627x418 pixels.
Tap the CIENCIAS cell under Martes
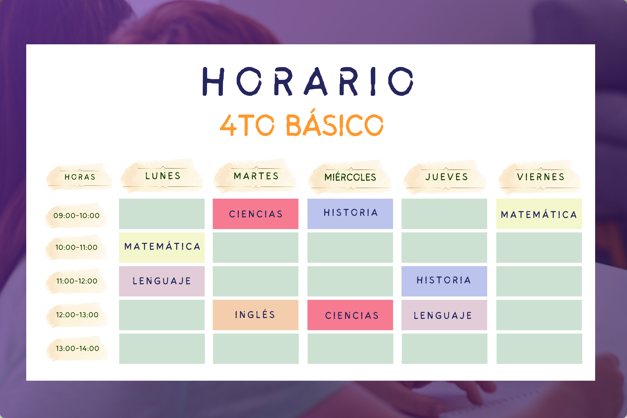255,214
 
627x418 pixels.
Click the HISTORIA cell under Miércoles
350,214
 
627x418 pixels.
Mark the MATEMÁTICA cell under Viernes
539,214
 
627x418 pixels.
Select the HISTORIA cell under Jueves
444,281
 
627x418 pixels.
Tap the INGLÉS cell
255,315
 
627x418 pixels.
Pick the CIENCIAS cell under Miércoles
350,315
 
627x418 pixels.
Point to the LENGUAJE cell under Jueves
444,315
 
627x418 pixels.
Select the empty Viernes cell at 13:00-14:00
539,349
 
